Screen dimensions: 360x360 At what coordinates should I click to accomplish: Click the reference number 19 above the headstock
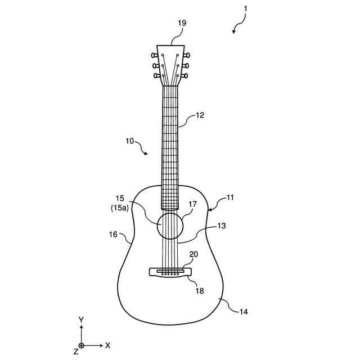tap(182, 23)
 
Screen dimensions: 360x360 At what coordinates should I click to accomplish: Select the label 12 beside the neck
tap(200, 115)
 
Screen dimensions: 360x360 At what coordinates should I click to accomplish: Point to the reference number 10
tap(129, 141)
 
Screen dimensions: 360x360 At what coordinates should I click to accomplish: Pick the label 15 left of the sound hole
tap(120, 199)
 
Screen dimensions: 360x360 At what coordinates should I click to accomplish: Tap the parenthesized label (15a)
tap(119, 208)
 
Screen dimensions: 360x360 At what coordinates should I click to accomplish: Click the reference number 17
tap(192, 205)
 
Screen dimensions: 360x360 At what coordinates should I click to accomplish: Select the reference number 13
tap(222, 226)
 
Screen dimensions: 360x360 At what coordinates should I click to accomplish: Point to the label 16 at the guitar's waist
tap(113, 234)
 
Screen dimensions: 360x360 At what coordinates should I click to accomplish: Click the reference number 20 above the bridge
tap(193, 254)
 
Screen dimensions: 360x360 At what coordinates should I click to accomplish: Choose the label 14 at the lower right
tap(243, 311)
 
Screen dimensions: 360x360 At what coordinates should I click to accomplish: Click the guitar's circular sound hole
tap(170, 226)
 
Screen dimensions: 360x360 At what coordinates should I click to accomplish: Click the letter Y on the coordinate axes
tap(81, 319)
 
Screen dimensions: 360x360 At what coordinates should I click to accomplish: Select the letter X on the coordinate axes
tap(107, 345)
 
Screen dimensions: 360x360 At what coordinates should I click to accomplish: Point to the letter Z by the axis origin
tap(75, 351)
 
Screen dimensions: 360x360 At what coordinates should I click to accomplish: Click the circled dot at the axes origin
tap(82, 345)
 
